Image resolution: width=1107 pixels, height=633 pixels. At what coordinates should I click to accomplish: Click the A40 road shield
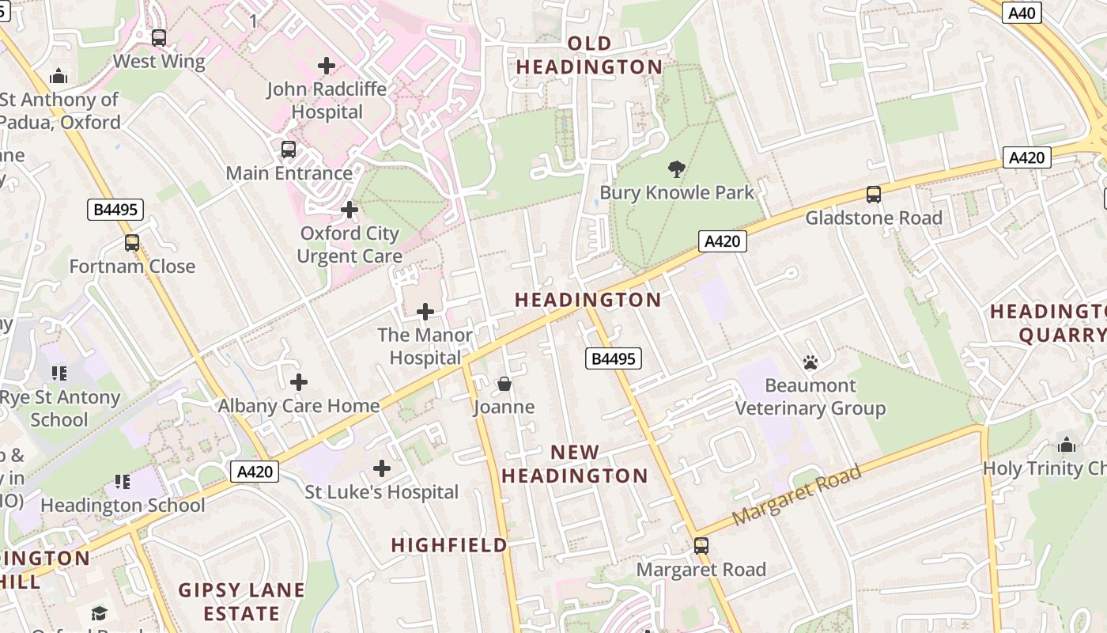pyautogui.click(x=1022, y=12)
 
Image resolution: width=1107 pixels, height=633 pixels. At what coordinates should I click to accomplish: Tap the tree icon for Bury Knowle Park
pyautogui.click(x=676, y=169)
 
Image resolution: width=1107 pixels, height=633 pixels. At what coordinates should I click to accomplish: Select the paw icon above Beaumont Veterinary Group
pyautogui.click(x=810, y=362)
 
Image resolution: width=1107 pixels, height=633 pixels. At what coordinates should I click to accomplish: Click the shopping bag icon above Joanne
pyautogui.click(x=504, y=384)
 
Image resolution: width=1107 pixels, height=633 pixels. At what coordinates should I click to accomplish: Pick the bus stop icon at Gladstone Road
pyautogui.click(x=873, y=194)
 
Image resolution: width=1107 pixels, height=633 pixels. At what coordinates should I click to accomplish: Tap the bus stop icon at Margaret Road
pyautogui.click(x=701, y=545)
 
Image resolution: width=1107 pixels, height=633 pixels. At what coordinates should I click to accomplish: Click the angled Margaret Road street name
pyautogui.click(x=796, y=496)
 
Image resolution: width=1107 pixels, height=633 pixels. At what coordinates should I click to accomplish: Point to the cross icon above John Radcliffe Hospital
pyautogui.click(x=326, y=65)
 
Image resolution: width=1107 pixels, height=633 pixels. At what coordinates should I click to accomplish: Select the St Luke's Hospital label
pyautogui.click(x=381, y=492)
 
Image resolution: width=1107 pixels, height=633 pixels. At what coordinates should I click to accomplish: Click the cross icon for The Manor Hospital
pyautogui.click(x=425, y=312)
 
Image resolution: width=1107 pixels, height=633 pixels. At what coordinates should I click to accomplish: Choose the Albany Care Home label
pyautogui.click(x=299, y=406)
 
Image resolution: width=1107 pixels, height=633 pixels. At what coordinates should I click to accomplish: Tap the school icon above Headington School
pyautogui.click(x=122, y=481)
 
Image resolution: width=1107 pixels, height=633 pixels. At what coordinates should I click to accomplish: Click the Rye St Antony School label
pyautogui.click(x=60, y=408)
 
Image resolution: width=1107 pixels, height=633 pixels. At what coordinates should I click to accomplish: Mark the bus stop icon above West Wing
pyautogui.click(x=158, y=37)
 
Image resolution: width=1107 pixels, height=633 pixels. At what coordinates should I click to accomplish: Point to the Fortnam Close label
pyautogui.click(x=132, y=266)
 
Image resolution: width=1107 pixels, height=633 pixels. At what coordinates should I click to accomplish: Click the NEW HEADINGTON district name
pyautogui.click(x=575, y=464)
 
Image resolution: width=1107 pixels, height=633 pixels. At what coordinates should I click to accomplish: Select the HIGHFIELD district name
pyautogui.click(x=449, y=545)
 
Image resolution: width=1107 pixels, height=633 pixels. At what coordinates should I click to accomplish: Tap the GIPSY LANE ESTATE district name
pyautogui.click(x=241, y=601)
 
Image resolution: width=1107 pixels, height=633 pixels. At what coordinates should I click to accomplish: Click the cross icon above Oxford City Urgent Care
pyautogui.click(x=349, y=210)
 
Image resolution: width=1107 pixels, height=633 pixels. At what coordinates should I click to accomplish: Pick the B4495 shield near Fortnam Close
pyautogui.click(x=115, y=210)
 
